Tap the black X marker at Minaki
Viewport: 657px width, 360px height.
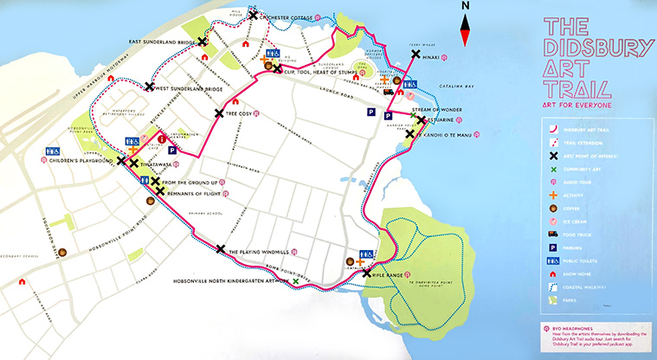[x=415, y=55]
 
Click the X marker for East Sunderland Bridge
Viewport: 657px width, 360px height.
[x=202, y=42]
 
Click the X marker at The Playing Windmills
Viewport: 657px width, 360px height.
[x=220, y=249]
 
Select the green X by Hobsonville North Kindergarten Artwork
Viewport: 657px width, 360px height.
[x=296, y=281]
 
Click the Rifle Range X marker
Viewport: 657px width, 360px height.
[x=367, y=273]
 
